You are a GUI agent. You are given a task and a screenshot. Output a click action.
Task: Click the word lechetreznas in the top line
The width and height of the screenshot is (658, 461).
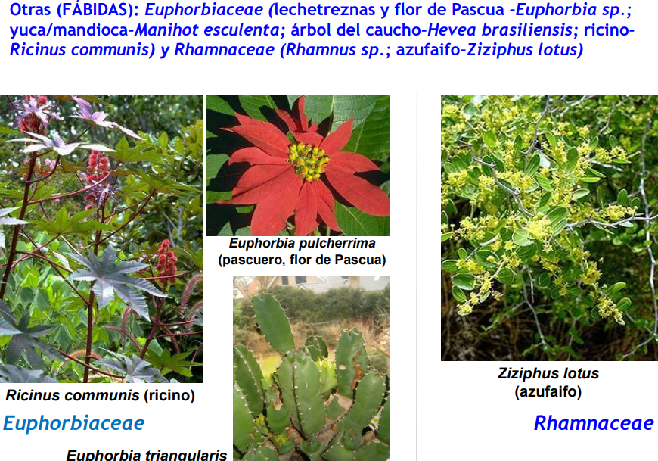pyautogui.click(x=324, y=9)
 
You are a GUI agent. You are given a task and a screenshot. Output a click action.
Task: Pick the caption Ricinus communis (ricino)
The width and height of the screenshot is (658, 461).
pyautogui.click(x=101, y=395)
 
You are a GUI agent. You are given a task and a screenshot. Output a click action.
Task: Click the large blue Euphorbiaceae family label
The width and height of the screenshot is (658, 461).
pyautogui.click(x=74, y=423)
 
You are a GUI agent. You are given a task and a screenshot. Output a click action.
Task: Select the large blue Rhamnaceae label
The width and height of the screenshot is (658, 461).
pyautogui.click(x=594, y=423)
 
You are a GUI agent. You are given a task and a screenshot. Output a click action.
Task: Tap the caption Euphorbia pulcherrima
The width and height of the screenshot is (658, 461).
pyautogui.click(x=302, y=244)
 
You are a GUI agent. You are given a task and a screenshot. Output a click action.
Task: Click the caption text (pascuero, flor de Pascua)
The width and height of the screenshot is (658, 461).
pyautogui.click(x=302, y=260)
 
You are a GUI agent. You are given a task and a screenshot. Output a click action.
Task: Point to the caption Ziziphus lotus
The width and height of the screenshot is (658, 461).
pyautogui.click(x=548, y=373)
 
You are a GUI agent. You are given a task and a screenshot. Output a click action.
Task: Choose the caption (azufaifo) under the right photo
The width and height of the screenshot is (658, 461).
pyautogui.click(x=548, y=391)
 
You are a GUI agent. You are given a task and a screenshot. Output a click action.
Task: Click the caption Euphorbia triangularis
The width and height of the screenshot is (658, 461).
pyautogui.click(x=147, y=455)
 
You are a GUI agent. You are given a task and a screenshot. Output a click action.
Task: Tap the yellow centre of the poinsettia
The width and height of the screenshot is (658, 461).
pyautogui.click(x=309, y=160)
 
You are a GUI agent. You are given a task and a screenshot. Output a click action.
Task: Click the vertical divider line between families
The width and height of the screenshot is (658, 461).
pyautogui.click(x=417, y=276)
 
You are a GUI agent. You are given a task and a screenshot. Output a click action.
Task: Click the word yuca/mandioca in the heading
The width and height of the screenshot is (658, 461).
pyautogui.click(x=69, y=30)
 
